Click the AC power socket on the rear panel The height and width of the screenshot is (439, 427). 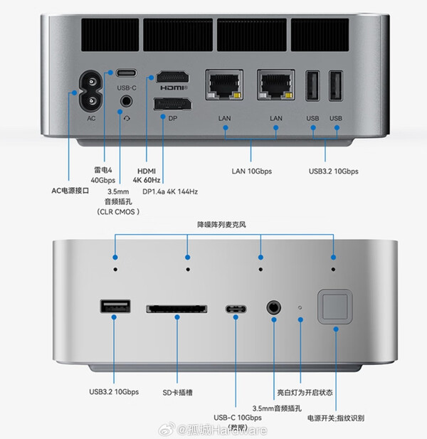click(90, 100)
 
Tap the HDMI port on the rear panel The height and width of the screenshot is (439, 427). click(172, 76)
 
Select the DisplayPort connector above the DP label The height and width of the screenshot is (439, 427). click(172, 105)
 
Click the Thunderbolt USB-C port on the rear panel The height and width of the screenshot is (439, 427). click(126, 73)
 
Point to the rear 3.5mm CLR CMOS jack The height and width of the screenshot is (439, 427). click(127, 102)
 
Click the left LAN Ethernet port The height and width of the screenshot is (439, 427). click(224, 85)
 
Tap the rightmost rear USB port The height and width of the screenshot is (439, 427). click(336, 87)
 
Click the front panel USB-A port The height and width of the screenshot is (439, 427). click(115, 307)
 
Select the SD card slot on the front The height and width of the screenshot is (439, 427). click(177, 309)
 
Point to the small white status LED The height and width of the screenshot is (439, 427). click(300, 308)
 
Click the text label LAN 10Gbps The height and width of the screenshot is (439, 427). click(252, 171)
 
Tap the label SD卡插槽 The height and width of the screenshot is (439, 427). click(176, 392)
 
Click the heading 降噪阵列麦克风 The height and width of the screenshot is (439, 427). click(224, 225)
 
